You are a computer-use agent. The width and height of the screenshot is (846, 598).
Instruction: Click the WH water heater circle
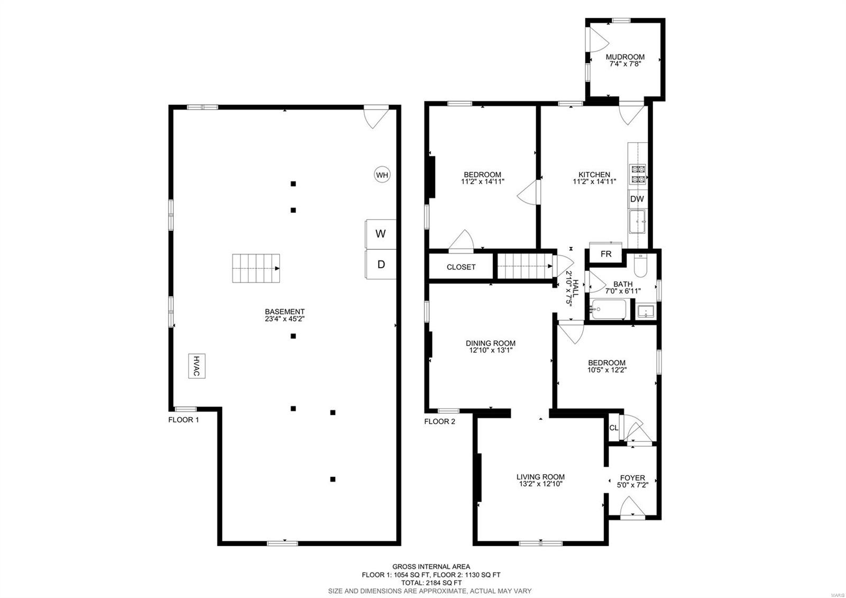coord(382,175)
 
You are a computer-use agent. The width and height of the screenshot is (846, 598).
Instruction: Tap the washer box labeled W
coord(381,234)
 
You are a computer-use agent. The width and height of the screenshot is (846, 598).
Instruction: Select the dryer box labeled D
coord(381,265)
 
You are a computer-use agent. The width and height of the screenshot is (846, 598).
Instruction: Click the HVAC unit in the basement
coord(197,366)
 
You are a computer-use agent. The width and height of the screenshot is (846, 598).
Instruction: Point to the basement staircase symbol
coord(256,268)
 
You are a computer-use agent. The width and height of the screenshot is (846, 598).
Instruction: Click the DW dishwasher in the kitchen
coord(637,199)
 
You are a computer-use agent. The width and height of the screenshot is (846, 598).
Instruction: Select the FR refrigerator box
coord(606,254)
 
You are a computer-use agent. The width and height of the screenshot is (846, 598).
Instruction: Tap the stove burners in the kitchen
coord(637,174)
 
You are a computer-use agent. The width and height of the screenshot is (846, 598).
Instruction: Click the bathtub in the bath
coord(609,309)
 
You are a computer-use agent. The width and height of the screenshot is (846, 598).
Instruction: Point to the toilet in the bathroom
coord(639,266)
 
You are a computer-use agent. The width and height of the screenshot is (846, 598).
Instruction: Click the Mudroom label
coord(625,57)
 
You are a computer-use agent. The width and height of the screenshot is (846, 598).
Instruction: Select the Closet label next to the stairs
coord(461,267)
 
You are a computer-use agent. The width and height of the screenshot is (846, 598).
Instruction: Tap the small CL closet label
coord(613,428)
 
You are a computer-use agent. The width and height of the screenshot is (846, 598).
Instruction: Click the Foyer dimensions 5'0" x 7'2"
coord(632,485)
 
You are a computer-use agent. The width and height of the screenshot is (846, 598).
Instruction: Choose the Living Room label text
coord(540,477)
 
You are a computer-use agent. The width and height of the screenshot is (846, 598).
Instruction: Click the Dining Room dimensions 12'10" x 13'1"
coord(490,350)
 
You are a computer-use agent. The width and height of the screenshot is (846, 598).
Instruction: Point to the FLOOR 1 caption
coord(183,420)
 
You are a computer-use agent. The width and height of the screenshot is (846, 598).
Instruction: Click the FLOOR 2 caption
coord(439,422)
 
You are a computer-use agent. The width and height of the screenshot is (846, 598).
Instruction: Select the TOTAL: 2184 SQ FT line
coord(431,582)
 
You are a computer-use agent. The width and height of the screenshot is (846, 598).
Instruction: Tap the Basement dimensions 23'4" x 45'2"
coord(284,319)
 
